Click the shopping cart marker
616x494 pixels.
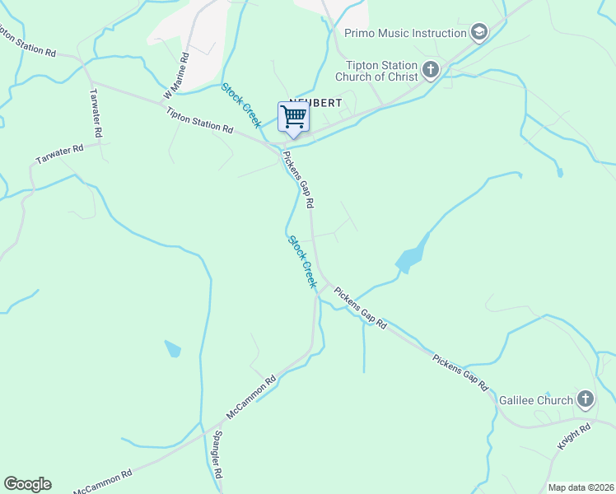293,117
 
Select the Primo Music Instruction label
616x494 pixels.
406,33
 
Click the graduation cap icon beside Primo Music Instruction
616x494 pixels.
478,33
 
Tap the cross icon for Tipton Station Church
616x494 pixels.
430,69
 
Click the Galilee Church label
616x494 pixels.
535,400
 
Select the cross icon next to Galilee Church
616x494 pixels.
585,400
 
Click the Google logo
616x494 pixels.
27,484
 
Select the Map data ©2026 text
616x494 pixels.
581,487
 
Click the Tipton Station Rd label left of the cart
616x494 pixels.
199,120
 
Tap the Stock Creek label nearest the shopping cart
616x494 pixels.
241,105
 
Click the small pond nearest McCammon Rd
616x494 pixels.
172,348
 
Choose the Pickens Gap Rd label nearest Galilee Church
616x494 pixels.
460,372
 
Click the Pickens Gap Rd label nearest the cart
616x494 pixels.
299,178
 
